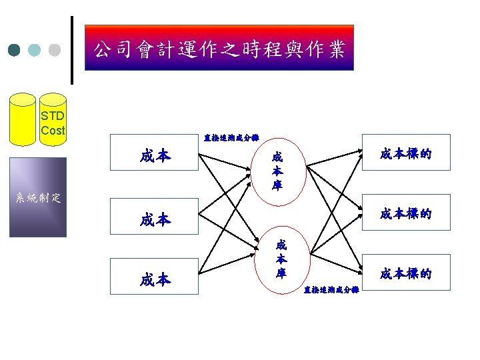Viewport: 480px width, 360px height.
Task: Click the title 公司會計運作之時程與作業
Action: pyautogui.click(x=219, y=48)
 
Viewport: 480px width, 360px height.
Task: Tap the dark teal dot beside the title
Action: pyautogui.click(x=15, y=50)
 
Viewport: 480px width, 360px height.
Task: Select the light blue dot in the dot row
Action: pyautogui.click(x=35, y=50)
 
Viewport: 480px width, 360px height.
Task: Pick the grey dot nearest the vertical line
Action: pyautogui.click(x=55, y=50)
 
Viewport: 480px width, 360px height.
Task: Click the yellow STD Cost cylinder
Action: pyautogui.click(x=22, y=121)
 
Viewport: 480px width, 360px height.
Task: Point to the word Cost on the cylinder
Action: pyautogui.click(x=53, y=131)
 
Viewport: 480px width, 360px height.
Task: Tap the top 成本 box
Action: pyautogui.click(x=155, y=156)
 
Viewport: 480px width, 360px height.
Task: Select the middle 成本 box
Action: pyautogui.click(x=155, y=219)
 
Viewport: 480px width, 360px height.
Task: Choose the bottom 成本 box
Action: pyautogui.click(x=155, y=279)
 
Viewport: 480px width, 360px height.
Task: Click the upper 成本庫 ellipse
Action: pyautogui.click(x=277, y=171)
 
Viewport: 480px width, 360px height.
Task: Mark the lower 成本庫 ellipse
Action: pyautogui.click(x=281, y=259)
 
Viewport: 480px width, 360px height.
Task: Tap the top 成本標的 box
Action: pyautogui.click(x=405, y=153)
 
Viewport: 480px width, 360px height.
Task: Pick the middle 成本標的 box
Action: pyautogui.click(x=405, y=214)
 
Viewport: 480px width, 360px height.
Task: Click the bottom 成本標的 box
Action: pyautogui.click(x=405, y=273)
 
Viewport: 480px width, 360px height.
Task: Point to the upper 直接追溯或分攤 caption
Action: pyautogui.click(x=231, y=138)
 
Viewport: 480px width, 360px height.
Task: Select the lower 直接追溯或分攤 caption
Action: pyautogui.click(x=331, y=290)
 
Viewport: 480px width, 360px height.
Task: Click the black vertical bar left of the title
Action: pyautogui.click(x=72, y=50)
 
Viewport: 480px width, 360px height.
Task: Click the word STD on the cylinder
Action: pyautogui.click(x=53, y=117)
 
